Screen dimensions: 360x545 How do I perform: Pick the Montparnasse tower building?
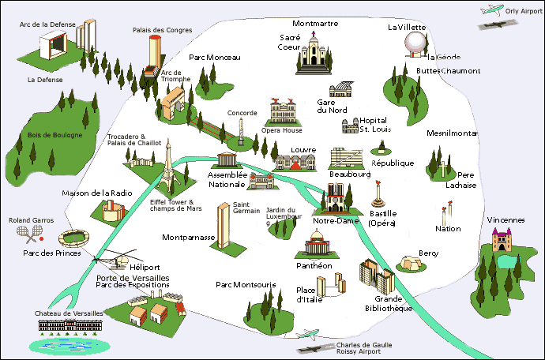224,226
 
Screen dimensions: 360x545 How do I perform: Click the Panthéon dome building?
316,245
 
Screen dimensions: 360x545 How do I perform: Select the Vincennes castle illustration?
503,240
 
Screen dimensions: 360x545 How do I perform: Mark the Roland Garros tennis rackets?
32,233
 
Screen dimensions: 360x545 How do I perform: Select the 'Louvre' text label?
303,149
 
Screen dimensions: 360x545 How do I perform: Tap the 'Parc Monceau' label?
214,57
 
